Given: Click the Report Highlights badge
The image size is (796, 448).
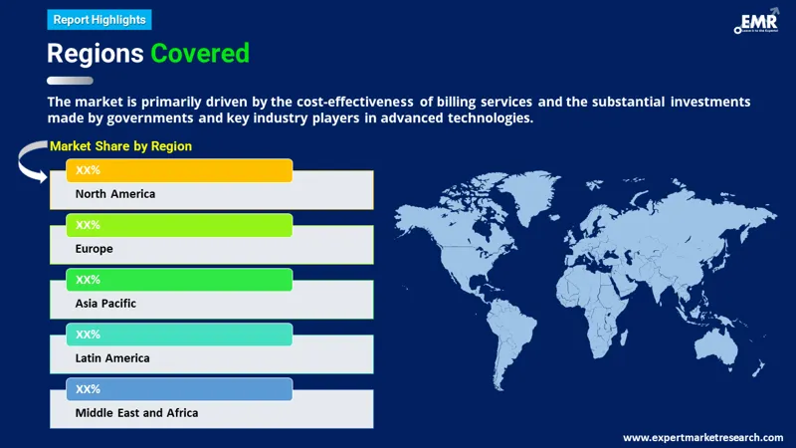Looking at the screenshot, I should [x=99, y=19].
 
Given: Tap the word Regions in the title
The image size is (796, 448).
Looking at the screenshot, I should [x=95, y=54].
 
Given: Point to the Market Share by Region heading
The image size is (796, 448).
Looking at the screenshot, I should [x=120, y=146].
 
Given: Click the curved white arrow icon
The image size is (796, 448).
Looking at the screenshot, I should [x=33, y=162].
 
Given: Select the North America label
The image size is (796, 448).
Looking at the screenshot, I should [x=115, y=194].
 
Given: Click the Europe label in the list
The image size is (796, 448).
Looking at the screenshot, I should [x=95, y=249].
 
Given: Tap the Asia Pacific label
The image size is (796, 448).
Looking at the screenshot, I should [x=105, y=304].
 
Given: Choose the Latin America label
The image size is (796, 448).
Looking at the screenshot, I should [x=112, y=357].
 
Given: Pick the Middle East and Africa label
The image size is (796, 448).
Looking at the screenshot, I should [x=136, y=412].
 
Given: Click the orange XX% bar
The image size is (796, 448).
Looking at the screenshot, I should [x=179, y=170].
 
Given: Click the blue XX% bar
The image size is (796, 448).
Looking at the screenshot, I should [x=179, y=388].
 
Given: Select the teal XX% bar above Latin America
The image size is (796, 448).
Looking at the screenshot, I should [x=179, y=335].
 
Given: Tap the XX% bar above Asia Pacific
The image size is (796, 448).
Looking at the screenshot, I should [x=179, y=280].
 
